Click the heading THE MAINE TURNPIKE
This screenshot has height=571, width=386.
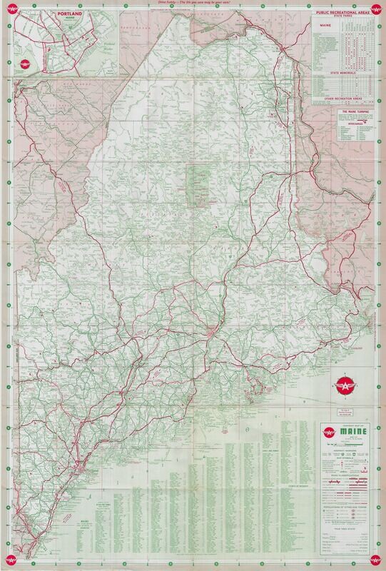point(345,111)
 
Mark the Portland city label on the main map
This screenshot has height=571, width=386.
point(88,471)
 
